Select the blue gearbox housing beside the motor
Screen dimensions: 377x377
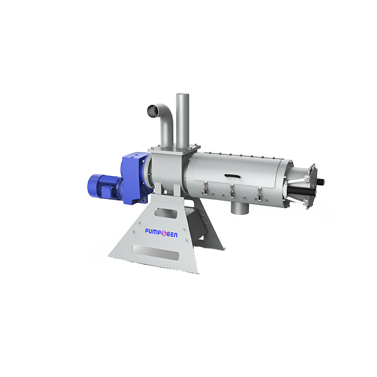[x=135, y=168]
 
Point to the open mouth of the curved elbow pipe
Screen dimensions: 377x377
[x=152, y=110]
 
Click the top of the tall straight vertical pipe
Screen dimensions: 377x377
[x=182, y=96]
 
